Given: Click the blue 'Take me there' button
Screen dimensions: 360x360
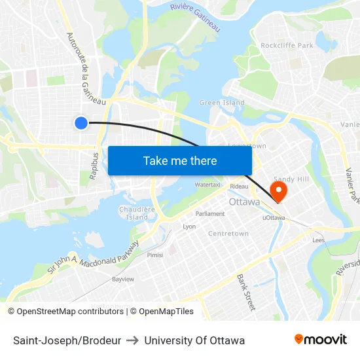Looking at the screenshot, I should pos(180,160).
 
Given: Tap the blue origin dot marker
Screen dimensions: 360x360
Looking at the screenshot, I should pos(81,122).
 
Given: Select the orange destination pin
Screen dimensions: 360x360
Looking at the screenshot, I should pos(279,191).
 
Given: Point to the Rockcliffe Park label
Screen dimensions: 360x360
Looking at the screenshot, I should pos(287,45).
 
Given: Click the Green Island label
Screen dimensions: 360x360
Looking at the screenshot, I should pos(222,103).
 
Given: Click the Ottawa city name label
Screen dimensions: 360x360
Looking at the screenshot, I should pos(244,202).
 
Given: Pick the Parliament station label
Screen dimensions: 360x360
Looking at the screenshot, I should pos(210,213).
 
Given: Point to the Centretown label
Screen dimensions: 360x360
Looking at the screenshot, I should pos(228,233).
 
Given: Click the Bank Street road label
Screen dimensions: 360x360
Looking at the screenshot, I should pos(245,292).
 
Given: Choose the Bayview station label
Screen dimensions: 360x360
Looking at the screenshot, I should pos(122,279).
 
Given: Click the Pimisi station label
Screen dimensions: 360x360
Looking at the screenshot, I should pos(155,255).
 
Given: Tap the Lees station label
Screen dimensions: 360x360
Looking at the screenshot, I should pos(319,240).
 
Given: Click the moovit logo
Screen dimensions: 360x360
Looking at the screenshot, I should pos(321,339).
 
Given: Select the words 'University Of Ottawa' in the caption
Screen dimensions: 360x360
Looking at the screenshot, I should pos(194,340).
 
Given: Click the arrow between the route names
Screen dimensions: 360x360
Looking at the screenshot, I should pos(133,340).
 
